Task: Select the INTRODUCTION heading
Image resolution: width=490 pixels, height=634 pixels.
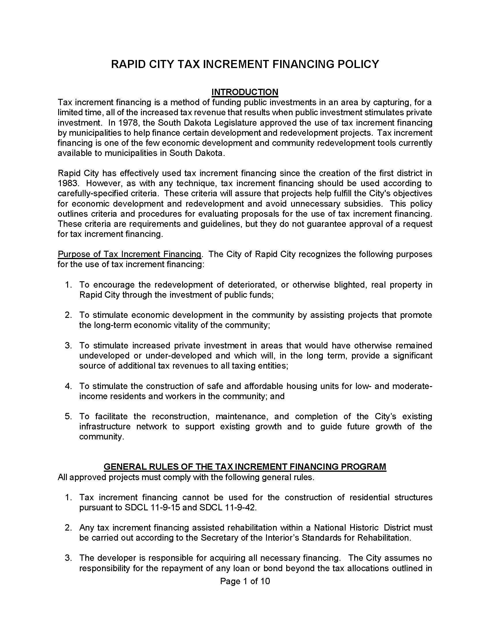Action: click(245, 92)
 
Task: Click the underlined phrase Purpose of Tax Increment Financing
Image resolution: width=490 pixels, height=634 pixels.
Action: click(129, 254)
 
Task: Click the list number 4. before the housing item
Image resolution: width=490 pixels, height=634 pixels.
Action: click(68, 386)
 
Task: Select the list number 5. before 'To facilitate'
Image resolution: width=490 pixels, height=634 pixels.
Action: click(68, 417)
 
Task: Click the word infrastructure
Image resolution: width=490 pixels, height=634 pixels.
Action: click(105, 427)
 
